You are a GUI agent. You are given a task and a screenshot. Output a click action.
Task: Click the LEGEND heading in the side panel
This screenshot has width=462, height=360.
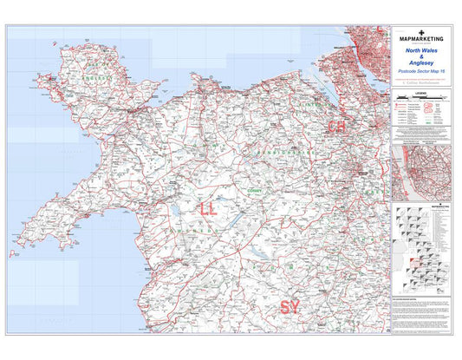coord(422,92)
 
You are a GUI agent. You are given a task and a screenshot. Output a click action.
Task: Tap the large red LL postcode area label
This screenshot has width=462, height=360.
coord(208,209)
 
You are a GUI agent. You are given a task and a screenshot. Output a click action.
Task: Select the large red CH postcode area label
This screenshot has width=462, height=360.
coord(335,127)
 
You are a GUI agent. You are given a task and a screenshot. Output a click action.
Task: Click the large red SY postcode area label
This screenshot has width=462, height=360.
coord(289,306)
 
